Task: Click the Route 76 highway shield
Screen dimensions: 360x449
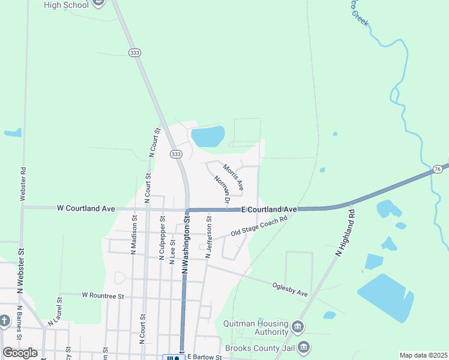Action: [436, 170]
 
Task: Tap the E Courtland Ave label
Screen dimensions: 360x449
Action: [270, 209]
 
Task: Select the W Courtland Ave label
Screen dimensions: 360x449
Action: [86, 208]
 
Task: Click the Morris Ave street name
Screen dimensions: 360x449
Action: [233, 177]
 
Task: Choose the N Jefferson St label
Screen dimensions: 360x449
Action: [208, 238]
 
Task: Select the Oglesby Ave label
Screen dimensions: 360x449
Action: [290, 290]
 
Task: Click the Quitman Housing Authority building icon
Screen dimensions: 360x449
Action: [298, 328]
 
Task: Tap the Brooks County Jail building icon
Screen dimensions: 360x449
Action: [304, 347]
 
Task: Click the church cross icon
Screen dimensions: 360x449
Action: [5, 320]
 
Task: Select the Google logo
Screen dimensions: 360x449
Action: [20, 353]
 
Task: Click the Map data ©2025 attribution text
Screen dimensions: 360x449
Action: [423, 355]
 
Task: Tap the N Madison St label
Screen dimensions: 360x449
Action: [134, 240]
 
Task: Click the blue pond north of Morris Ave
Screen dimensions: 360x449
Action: [208, 136]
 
